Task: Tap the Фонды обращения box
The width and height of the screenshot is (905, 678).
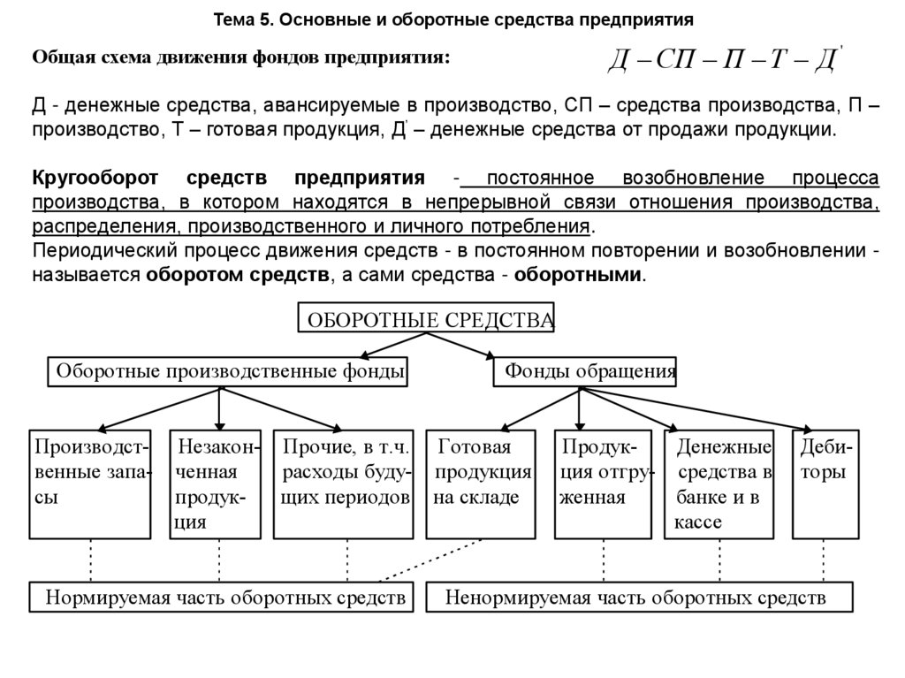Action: pyautogui.click(x=586, y=372)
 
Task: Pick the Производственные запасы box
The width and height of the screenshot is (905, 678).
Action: pyautogui.click(x=89, y=484)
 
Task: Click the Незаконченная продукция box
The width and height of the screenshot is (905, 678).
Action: pyautogui.click(x=217, y=484)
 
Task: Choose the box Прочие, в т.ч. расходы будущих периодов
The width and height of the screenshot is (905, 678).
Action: pyautogui.click(x=343, y=484)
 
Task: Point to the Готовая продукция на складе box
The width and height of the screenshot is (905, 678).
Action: pyautogui.click(x=481, y=484)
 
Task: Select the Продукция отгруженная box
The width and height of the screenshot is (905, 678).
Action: pyautogui.click(x=603, y=484)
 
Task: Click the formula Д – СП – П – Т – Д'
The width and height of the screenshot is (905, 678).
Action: pyautogui.click(x=724, y=62)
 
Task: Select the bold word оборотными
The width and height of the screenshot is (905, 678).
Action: pyautogui.click(x=580, y=274)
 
